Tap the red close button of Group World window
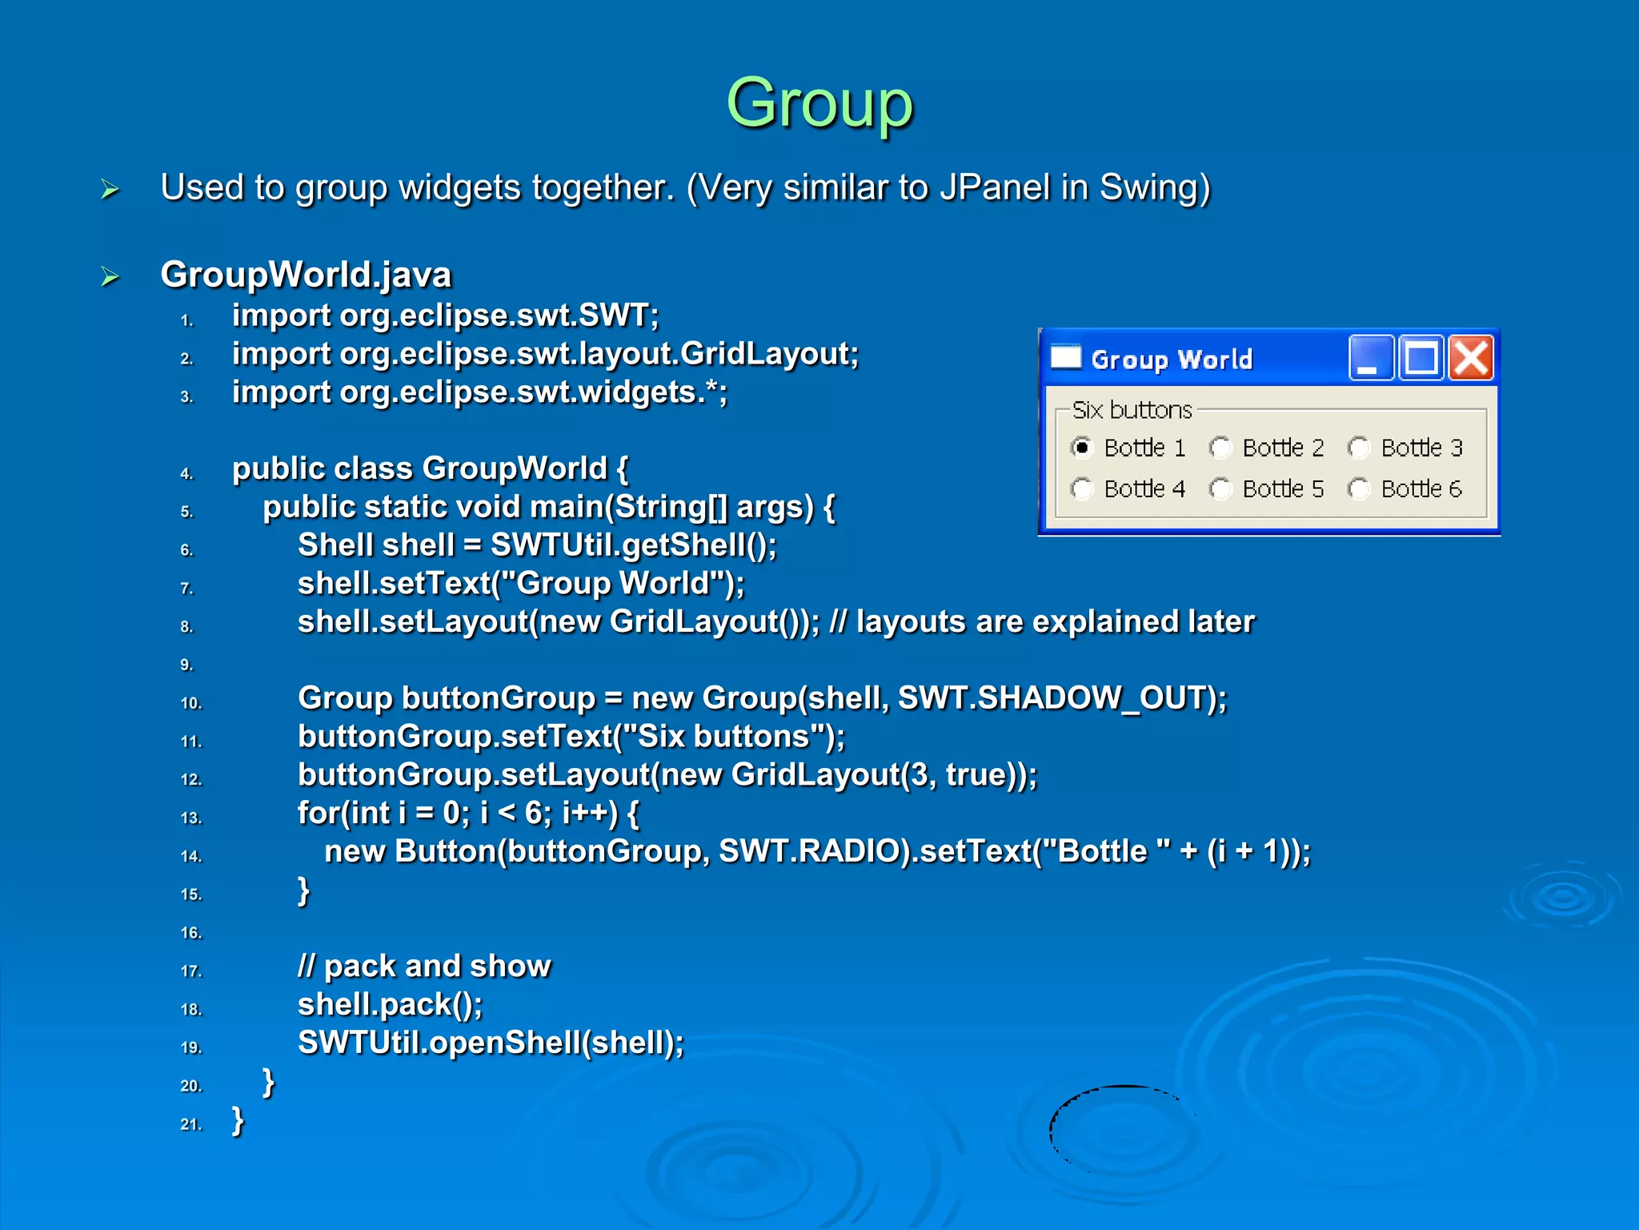point(1472,358)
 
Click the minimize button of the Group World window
point(1371,358)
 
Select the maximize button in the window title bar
point(1421,358)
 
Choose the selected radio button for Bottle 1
point(1082,448)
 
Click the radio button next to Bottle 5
point(1220,488)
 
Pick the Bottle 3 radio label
point(1421,448)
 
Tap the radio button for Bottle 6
point(1359,488)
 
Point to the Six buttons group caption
point(1132,410)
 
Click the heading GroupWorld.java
point(306,275)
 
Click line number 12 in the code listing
point(190,779)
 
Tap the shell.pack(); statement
point(390,1004)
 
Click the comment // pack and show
point(424,967)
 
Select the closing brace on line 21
point(238,1120)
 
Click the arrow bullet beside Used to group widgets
point(110,190)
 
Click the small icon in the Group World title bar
point(1066,357)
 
